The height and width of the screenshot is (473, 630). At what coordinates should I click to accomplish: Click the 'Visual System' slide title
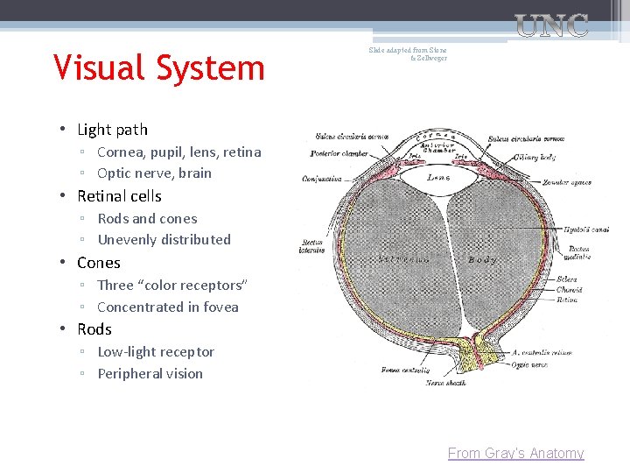point(158,67)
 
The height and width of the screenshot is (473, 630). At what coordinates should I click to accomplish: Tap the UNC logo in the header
point(550,25)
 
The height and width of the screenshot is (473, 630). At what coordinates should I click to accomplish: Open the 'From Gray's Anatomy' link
point(515,453)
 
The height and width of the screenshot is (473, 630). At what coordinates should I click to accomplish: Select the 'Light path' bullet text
point(112,130)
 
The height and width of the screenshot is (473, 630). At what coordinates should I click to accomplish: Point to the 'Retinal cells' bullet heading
point(119,196)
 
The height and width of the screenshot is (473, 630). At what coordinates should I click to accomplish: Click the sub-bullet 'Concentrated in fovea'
point(167,307)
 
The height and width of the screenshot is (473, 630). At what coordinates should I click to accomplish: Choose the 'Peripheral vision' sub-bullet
point(150,373)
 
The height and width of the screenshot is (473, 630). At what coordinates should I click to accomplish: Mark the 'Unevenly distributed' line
point(164,239)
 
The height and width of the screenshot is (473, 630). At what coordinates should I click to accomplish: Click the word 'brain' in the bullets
point(195,173)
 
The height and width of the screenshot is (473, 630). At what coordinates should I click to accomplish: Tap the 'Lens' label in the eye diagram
point(438,178)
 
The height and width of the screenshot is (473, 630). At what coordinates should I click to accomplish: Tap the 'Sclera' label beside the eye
point(566,279)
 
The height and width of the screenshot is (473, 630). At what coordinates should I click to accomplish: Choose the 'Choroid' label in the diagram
point(568,289)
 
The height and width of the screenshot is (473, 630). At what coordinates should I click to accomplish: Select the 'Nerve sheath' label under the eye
point(446,383)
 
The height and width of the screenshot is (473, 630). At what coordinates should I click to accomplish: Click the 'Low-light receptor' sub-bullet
point(156,351)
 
